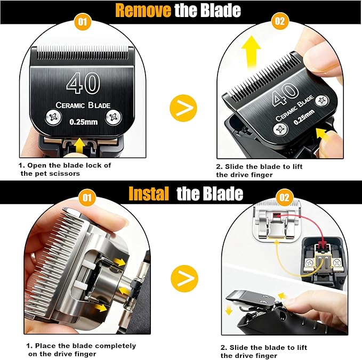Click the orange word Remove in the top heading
[143, 10]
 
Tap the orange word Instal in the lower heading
[150, 193]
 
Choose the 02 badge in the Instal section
[284, 198]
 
